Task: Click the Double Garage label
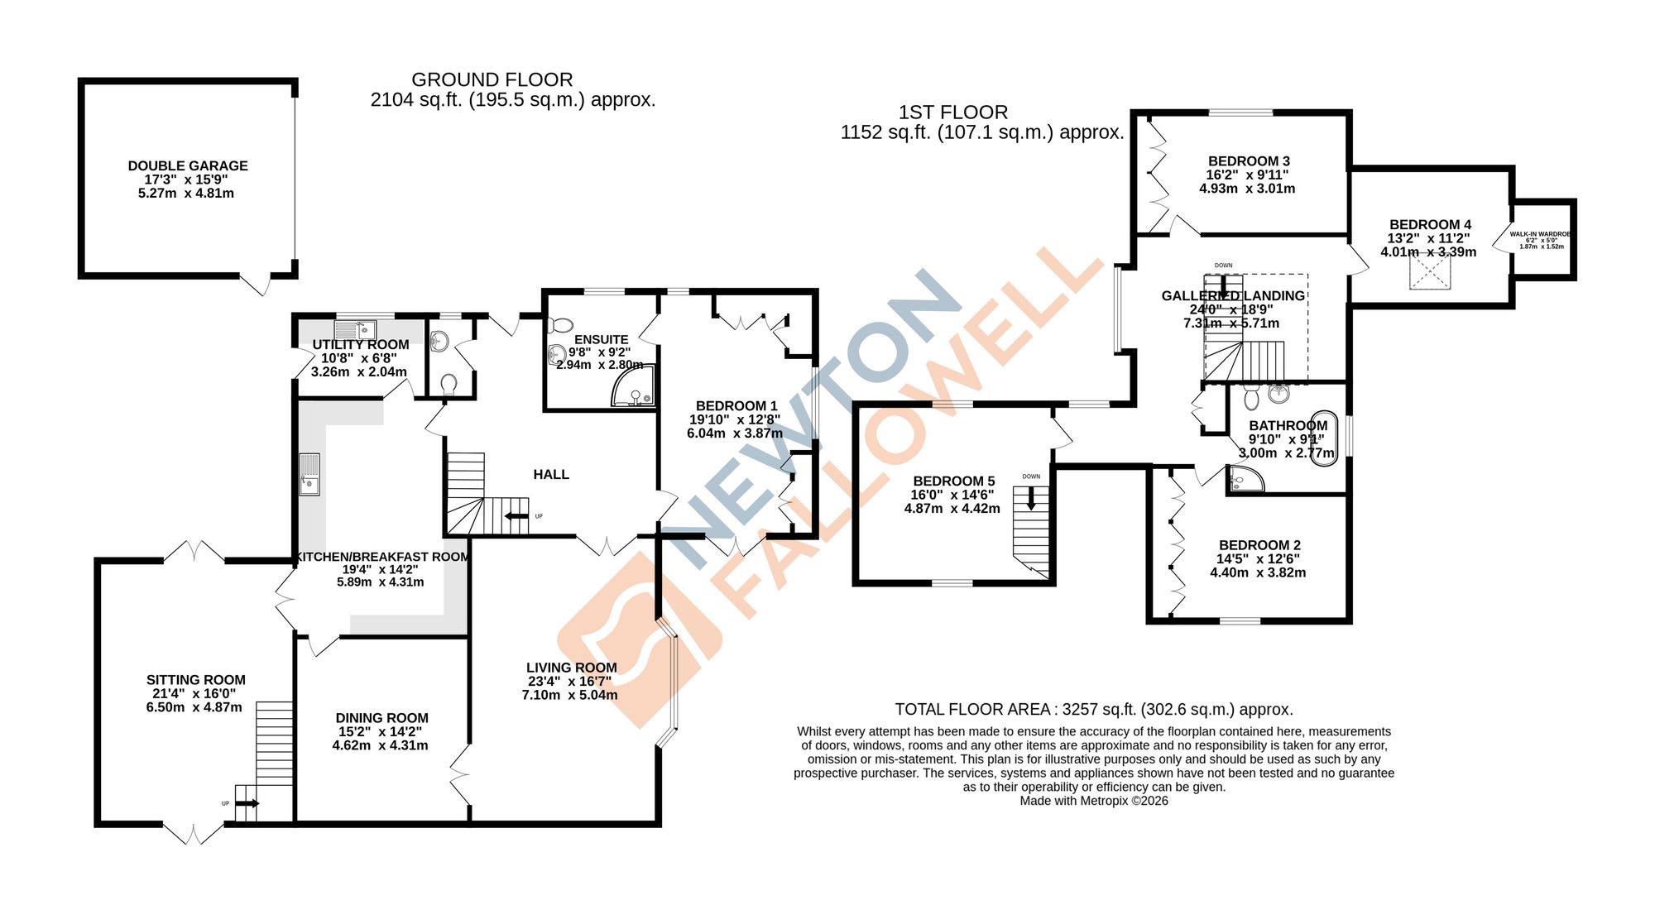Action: tap(188, 165)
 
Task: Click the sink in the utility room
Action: tap(355, 329)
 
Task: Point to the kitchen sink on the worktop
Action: tap(309, 474)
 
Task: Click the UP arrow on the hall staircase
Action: tap(517, 517)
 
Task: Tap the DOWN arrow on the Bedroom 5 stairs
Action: tap(1031, 498)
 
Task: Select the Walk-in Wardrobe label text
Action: tap(1541, 234)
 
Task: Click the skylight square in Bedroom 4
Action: tap(1430, 272)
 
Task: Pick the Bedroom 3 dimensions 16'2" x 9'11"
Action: tap(1247, 175)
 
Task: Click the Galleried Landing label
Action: tap(1232, 295)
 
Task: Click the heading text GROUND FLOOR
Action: tap(492, 80)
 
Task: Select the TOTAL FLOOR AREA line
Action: tap(1093, 709)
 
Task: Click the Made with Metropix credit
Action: tap(1093, 801)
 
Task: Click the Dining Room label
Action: tap(381, 718)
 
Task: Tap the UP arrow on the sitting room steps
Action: tap(247, 803)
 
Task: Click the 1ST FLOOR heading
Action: tap(953, 113)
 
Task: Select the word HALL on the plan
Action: tap(551, 474)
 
